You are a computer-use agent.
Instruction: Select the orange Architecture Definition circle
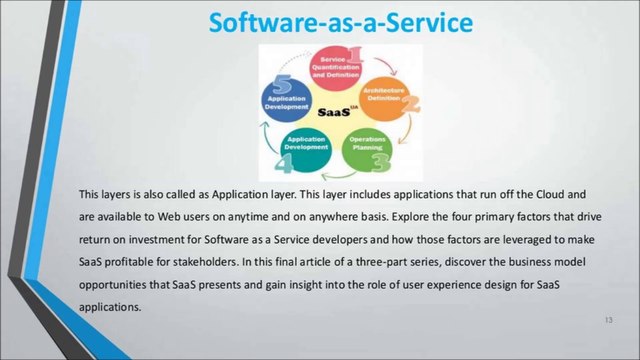(386, 97)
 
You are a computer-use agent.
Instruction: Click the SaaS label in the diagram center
(336, 112)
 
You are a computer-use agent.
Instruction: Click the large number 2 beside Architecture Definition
(410, 101)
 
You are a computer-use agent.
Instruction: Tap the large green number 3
(381, 160)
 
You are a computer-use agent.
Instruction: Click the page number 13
(608, 319)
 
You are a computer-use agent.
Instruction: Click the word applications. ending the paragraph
(111, 307)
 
